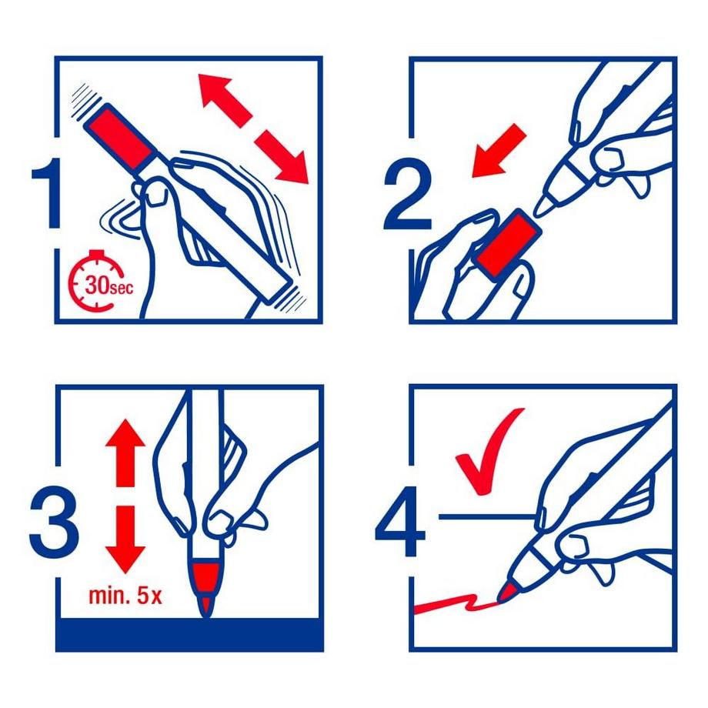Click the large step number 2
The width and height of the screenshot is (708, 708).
pos(408,194)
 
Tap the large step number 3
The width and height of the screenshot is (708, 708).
pos(54,523)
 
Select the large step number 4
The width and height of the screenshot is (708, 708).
pos(400,523)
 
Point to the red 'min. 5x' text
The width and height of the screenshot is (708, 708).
pos(125,596)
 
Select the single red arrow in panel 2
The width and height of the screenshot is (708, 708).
pos(499,151)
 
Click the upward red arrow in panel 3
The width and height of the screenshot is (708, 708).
pos(125,452)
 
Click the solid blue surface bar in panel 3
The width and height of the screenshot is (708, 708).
pos(189,634)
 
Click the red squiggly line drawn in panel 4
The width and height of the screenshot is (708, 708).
pos(456,603)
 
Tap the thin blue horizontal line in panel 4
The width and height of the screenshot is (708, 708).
pos(488,516)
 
